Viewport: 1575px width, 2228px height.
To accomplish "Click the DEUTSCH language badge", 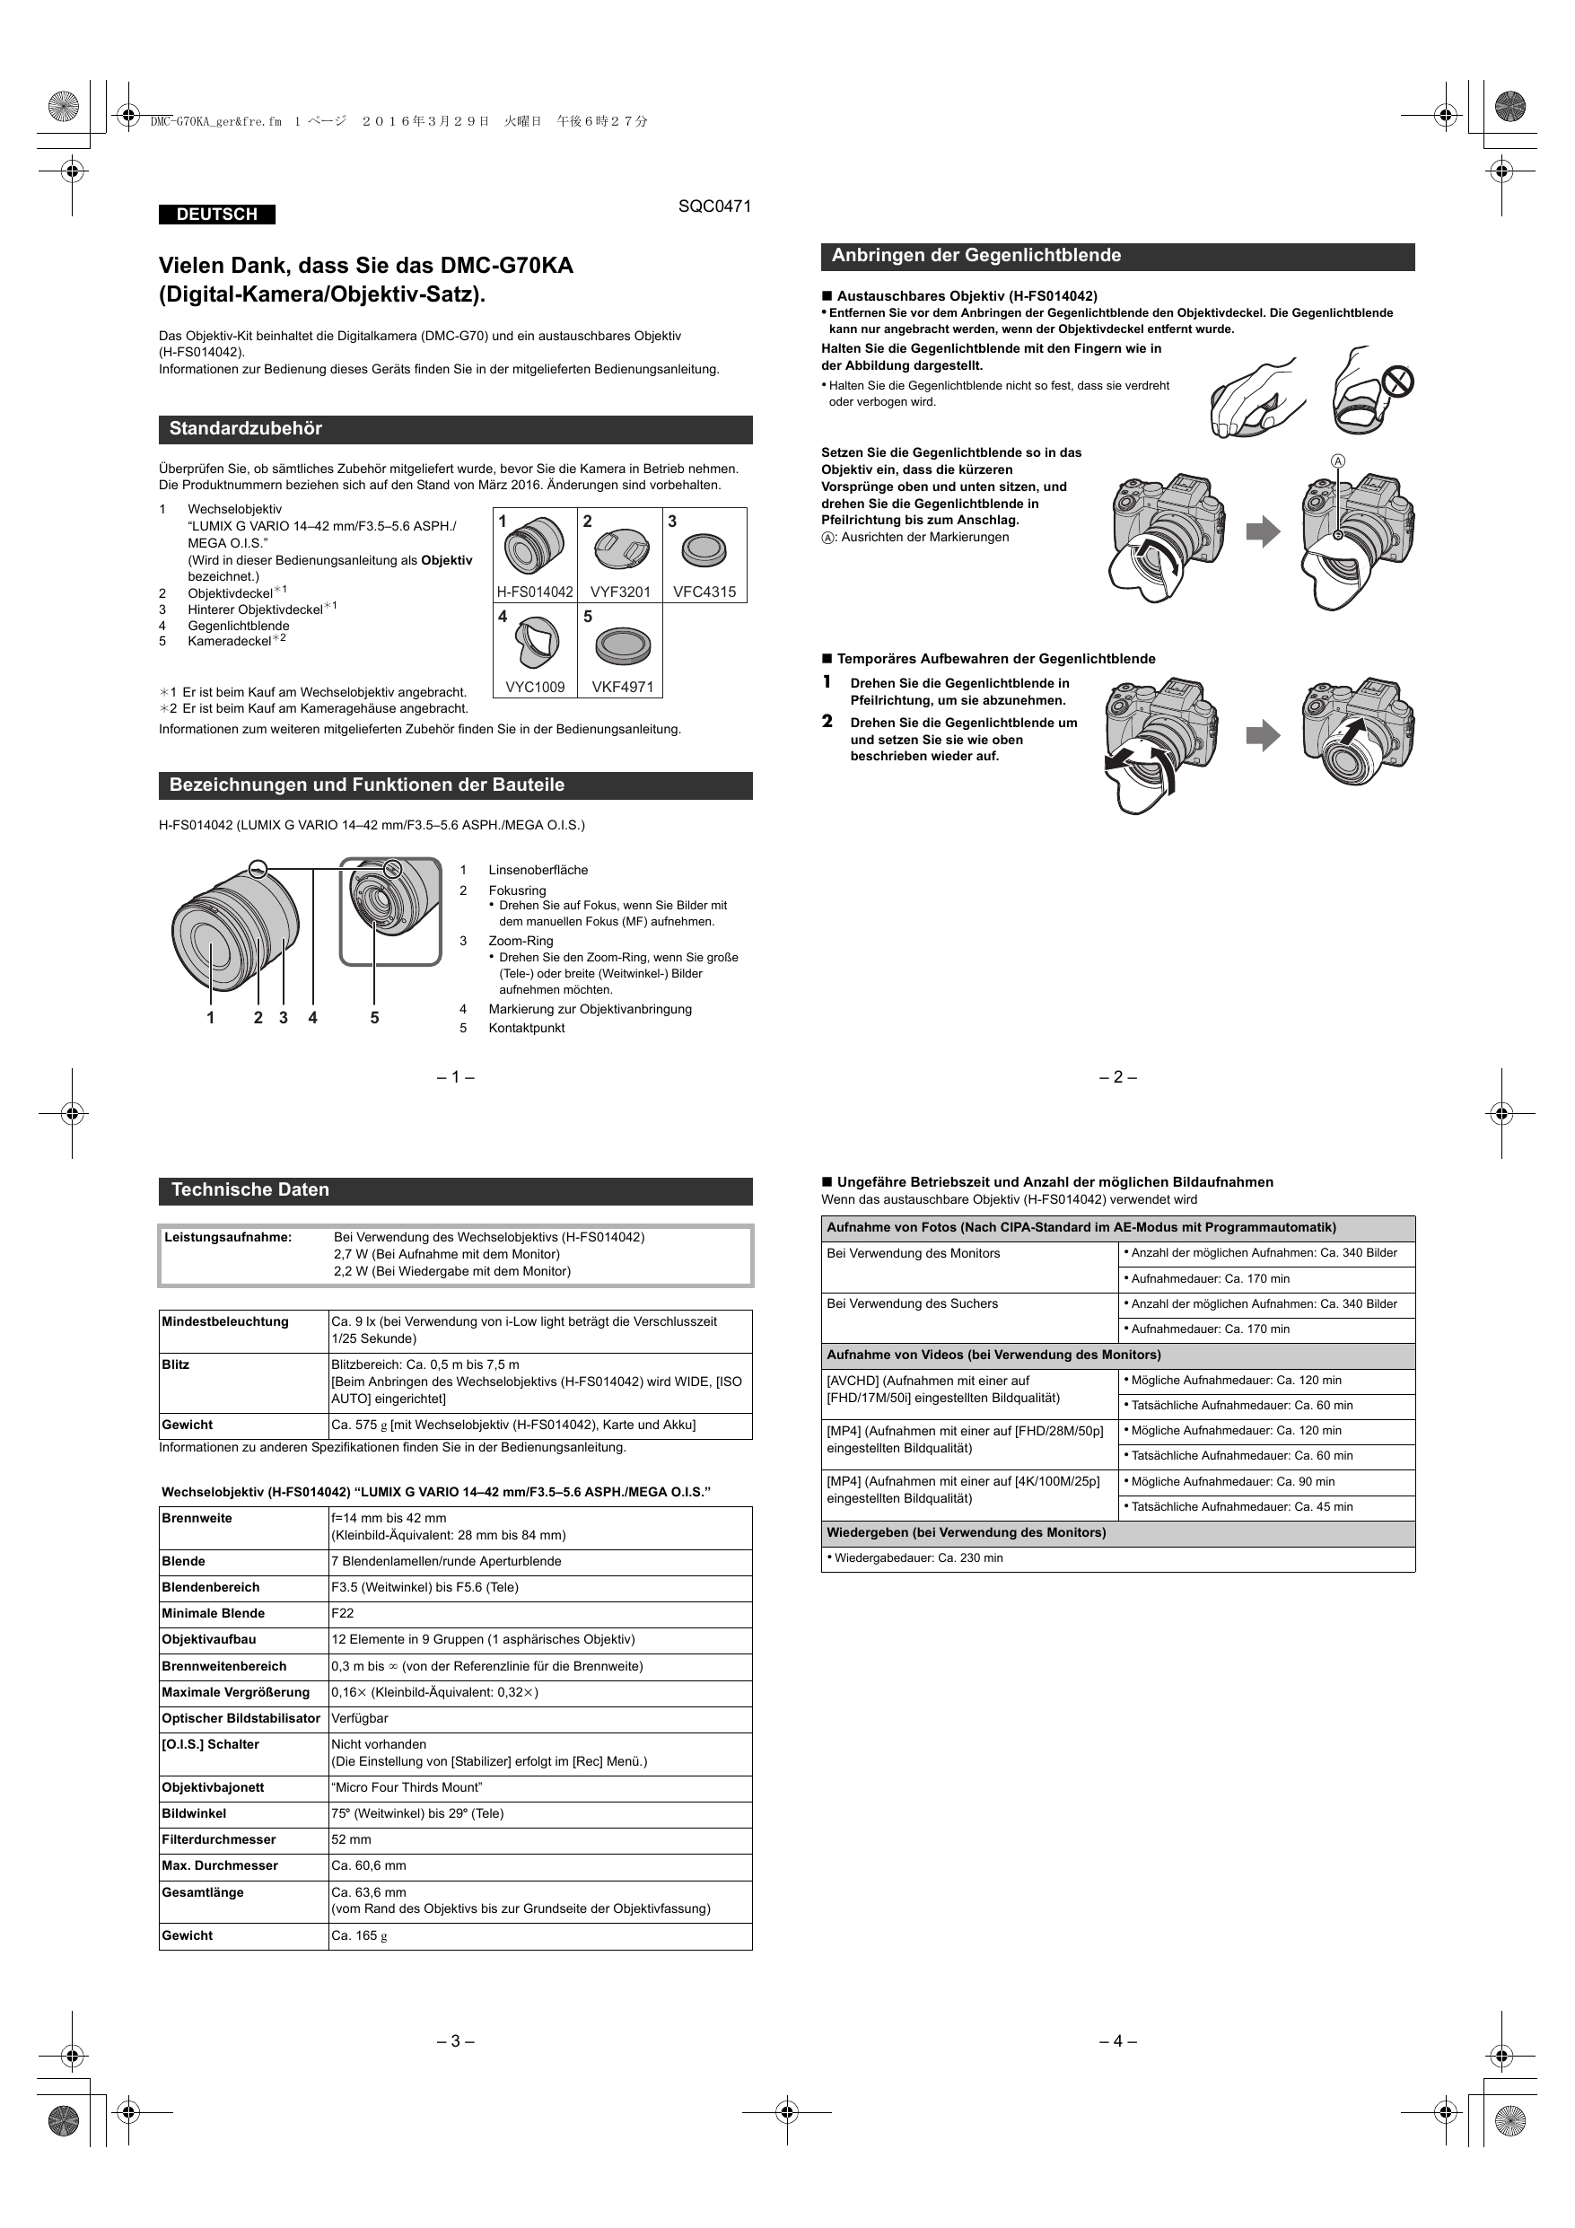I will point(216,215).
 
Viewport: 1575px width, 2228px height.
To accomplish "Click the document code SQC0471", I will point(714,206).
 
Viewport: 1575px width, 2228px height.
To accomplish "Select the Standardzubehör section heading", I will point(246,429).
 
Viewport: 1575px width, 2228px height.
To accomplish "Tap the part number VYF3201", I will point(620,591).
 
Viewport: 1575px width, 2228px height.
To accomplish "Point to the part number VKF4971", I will point(622,687).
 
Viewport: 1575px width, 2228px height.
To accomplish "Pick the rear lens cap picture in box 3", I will point(704,551).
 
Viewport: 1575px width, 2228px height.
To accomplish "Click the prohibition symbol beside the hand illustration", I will point(1396,382).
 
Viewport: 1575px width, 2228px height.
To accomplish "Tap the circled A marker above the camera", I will point(1338,462).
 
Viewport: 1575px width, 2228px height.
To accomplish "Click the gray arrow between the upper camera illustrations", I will point(1263,531).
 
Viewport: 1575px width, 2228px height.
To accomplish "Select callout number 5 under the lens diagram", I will point(374,1018).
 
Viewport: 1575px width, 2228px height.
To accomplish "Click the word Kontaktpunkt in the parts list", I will point(526,1028).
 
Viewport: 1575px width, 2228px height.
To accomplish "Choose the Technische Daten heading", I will point(250,1189).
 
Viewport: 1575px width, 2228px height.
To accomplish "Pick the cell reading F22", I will point(343,1613).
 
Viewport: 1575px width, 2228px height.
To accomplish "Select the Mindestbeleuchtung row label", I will point(225,1321).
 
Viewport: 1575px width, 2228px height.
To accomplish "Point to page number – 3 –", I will point(455,2040).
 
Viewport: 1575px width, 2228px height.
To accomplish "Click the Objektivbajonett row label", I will point(213,1787).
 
